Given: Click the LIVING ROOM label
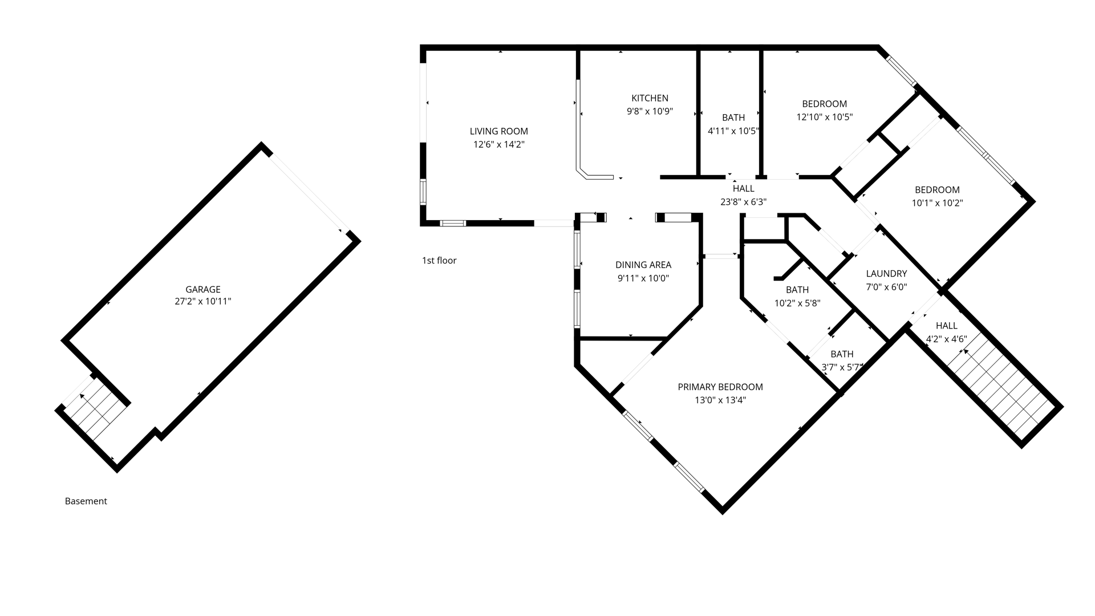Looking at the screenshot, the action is tap(498, 131).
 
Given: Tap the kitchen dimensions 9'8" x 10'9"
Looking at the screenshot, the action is tap(650, 111).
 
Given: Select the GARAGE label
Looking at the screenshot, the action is tap(202, 289).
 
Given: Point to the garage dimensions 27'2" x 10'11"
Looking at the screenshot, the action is tap(202, 301).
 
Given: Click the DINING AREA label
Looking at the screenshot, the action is tap(643, 265).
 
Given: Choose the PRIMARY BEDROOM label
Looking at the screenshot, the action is tap(720, 387).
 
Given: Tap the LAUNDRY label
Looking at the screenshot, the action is tap(886, 274).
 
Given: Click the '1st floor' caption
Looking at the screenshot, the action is tap(439, 261).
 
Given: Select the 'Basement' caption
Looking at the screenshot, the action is tap(86, 501).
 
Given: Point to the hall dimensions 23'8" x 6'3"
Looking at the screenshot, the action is tap(743, 201).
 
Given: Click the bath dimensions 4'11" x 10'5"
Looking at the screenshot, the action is tap(733, 131).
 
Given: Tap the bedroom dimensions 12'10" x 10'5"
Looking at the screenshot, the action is tap(824, 117).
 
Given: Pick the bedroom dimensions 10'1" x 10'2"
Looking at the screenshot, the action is tap(937, 202).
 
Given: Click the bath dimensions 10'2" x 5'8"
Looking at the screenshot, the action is tap(797, 303).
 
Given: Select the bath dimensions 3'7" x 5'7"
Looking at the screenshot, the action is tap(842, 367).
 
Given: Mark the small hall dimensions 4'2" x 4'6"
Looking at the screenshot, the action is tap(946, 339).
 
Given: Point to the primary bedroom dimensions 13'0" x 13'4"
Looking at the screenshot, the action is tap(720, 400).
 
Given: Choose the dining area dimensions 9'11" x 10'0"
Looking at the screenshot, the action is tap(643, 278).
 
